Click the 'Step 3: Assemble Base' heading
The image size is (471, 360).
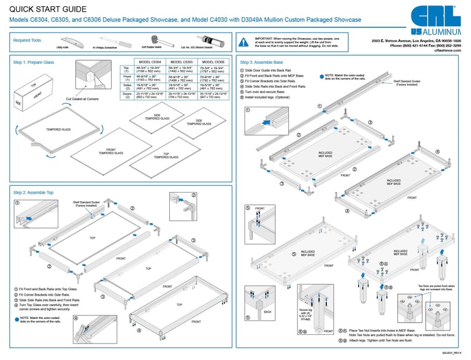262,62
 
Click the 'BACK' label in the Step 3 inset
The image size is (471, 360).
267,312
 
